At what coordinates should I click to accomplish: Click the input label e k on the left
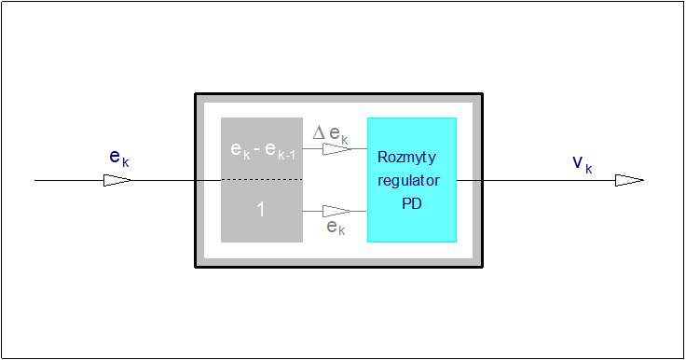click(x=118, y=158)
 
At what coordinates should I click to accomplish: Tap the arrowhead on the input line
click(x=117, y=180)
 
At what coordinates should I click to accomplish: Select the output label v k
click(x=582, y=164)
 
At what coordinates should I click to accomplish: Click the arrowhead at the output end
click(x=629, y=180)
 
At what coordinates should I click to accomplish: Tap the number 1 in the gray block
click(x=261, y=210)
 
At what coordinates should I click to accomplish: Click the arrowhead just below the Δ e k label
click(x=336, y=148)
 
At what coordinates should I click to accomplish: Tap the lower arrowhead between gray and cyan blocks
click(x=336, y=211)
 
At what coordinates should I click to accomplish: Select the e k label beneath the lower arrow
click(x=336, y=228)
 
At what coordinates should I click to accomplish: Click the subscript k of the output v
click(x=589, y=169)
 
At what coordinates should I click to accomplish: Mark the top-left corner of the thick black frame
click(x=196, y=94)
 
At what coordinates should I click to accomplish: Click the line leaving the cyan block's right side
click(x=471, y=180)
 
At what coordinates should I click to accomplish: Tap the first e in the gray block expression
click(x=236, y=148)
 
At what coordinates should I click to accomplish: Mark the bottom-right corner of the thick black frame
click(x=481, y=267)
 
